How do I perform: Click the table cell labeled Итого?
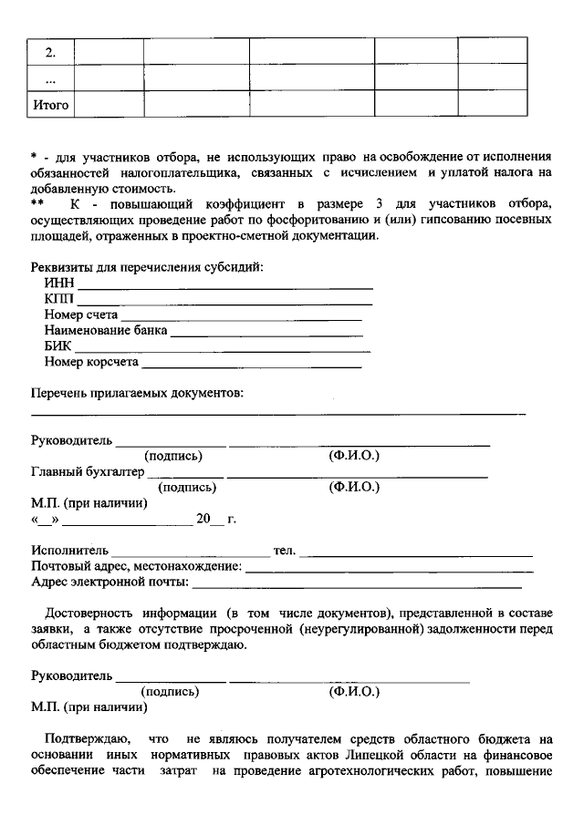(51, 106)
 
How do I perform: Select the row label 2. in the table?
(51, 51)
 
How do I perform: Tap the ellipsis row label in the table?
(51, 78)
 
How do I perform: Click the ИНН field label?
(58, 284)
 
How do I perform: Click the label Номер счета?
(80, 315)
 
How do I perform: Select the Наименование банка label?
(106, 330)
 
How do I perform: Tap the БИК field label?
(57, 346)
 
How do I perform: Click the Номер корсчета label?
(91, 362)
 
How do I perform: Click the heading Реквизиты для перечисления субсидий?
(147, 267)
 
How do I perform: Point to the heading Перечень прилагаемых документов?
(137, 393)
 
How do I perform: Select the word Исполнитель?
(69, 551)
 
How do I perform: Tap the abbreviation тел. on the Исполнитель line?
(284, 551)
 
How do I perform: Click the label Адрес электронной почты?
(109, 582)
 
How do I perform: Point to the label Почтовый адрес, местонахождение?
(137, 566)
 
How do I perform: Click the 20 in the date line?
(203, 519)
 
